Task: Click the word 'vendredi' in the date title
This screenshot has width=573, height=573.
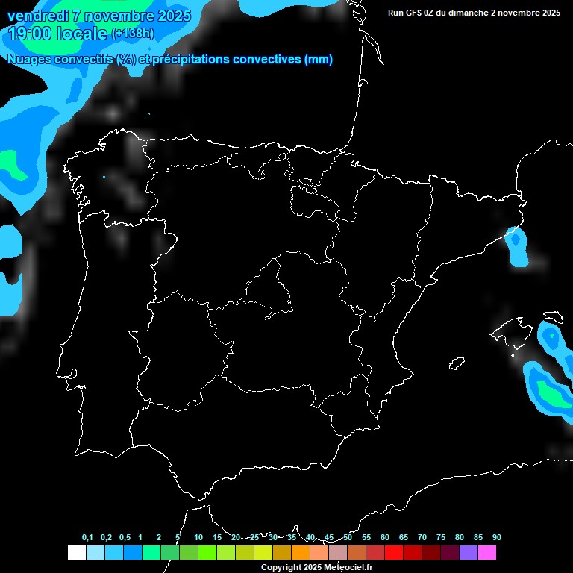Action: point(37,16)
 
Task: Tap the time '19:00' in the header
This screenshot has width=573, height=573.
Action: point(31,34)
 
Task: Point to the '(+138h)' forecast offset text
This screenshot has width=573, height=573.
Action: point(134,34)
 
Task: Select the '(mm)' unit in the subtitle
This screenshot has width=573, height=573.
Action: point(319,60)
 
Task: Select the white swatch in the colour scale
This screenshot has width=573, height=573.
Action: point(76,552)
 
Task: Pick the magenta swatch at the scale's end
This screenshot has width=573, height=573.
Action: point(487,552)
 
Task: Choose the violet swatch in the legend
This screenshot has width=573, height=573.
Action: point(469,552)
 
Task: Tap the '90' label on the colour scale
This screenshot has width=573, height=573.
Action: point(497,538)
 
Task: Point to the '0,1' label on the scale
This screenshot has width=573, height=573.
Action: point(87,538)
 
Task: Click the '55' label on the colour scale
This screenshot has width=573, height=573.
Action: point(366,538)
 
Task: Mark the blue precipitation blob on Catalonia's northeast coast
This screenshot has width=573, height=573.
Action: point(516,246)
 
